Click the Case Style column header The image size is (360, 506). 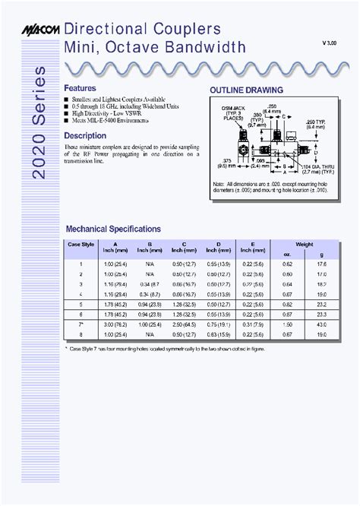coord(81,245)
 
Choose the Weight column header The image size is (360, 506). coord(303,245)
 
